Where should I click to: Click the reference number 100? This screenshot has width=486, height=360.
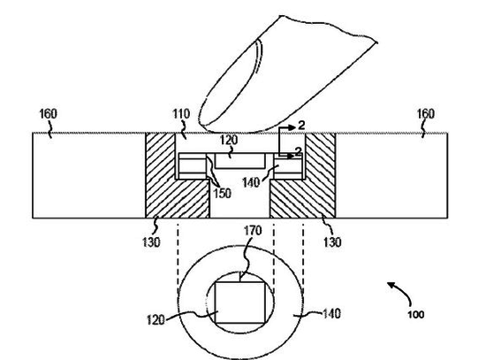click(415, 315)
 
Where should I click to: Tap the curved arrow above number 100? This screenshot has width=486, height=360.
click(403, 291)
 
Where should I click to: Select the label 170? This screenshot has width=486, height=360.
click(253, 231)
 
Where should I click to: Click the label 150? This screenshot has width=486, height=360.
click(222, 193)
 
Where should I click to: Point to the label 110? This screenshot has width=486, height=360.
click(181, 114)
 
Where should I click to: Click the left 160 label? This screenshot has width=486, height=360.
click(48, 114)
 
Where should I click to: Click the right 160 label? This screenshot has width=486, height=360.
click(426, 114)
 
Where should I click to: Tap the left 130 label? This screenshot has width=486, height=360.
click(151, 242)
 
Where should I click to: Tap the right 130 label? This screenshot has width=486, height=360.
click(332, 242)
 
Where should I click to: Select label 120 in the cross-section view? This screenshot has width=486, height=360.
click(229, 140)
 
